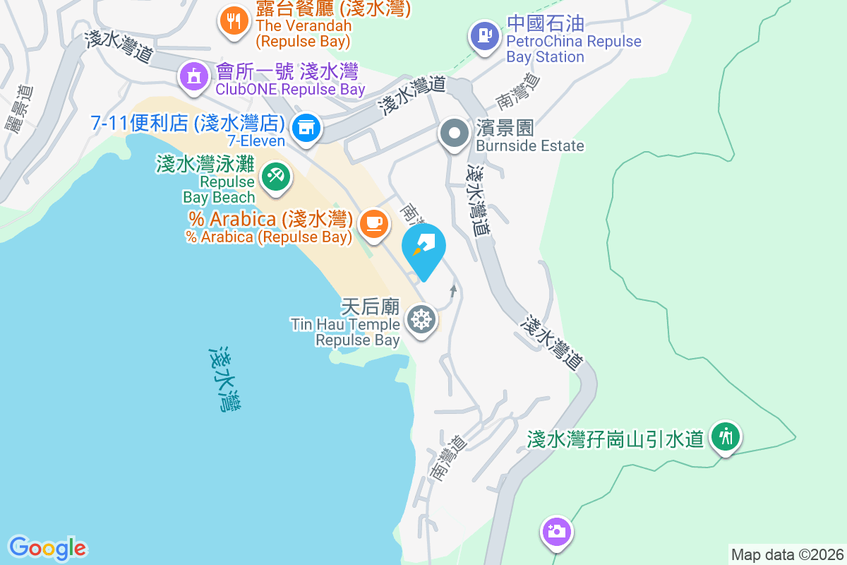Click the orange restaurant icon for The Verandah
pos(232,20)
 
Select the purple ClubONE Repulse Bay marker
pos(193,76)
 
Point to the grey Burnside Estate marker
pos(455,133)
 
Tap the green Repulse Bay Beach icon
pos(275,177)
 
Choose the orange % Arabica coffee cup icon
pos(373,223)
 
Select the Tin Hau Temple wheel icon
pos(421,320)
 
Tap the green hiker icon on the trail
pos(725,437)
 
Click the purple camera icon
pos(556,530)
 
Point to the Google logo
pos(47,548)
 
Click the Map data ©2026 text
pos(786,554)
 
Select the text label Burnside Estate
pos(529,146)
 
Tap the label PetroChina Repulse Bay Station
pos(573,49)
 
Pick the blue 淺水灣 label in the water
pos(227,379)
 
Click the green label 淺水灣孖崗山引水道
pos(615,439)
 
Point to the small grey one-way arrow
pos(452,290)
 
